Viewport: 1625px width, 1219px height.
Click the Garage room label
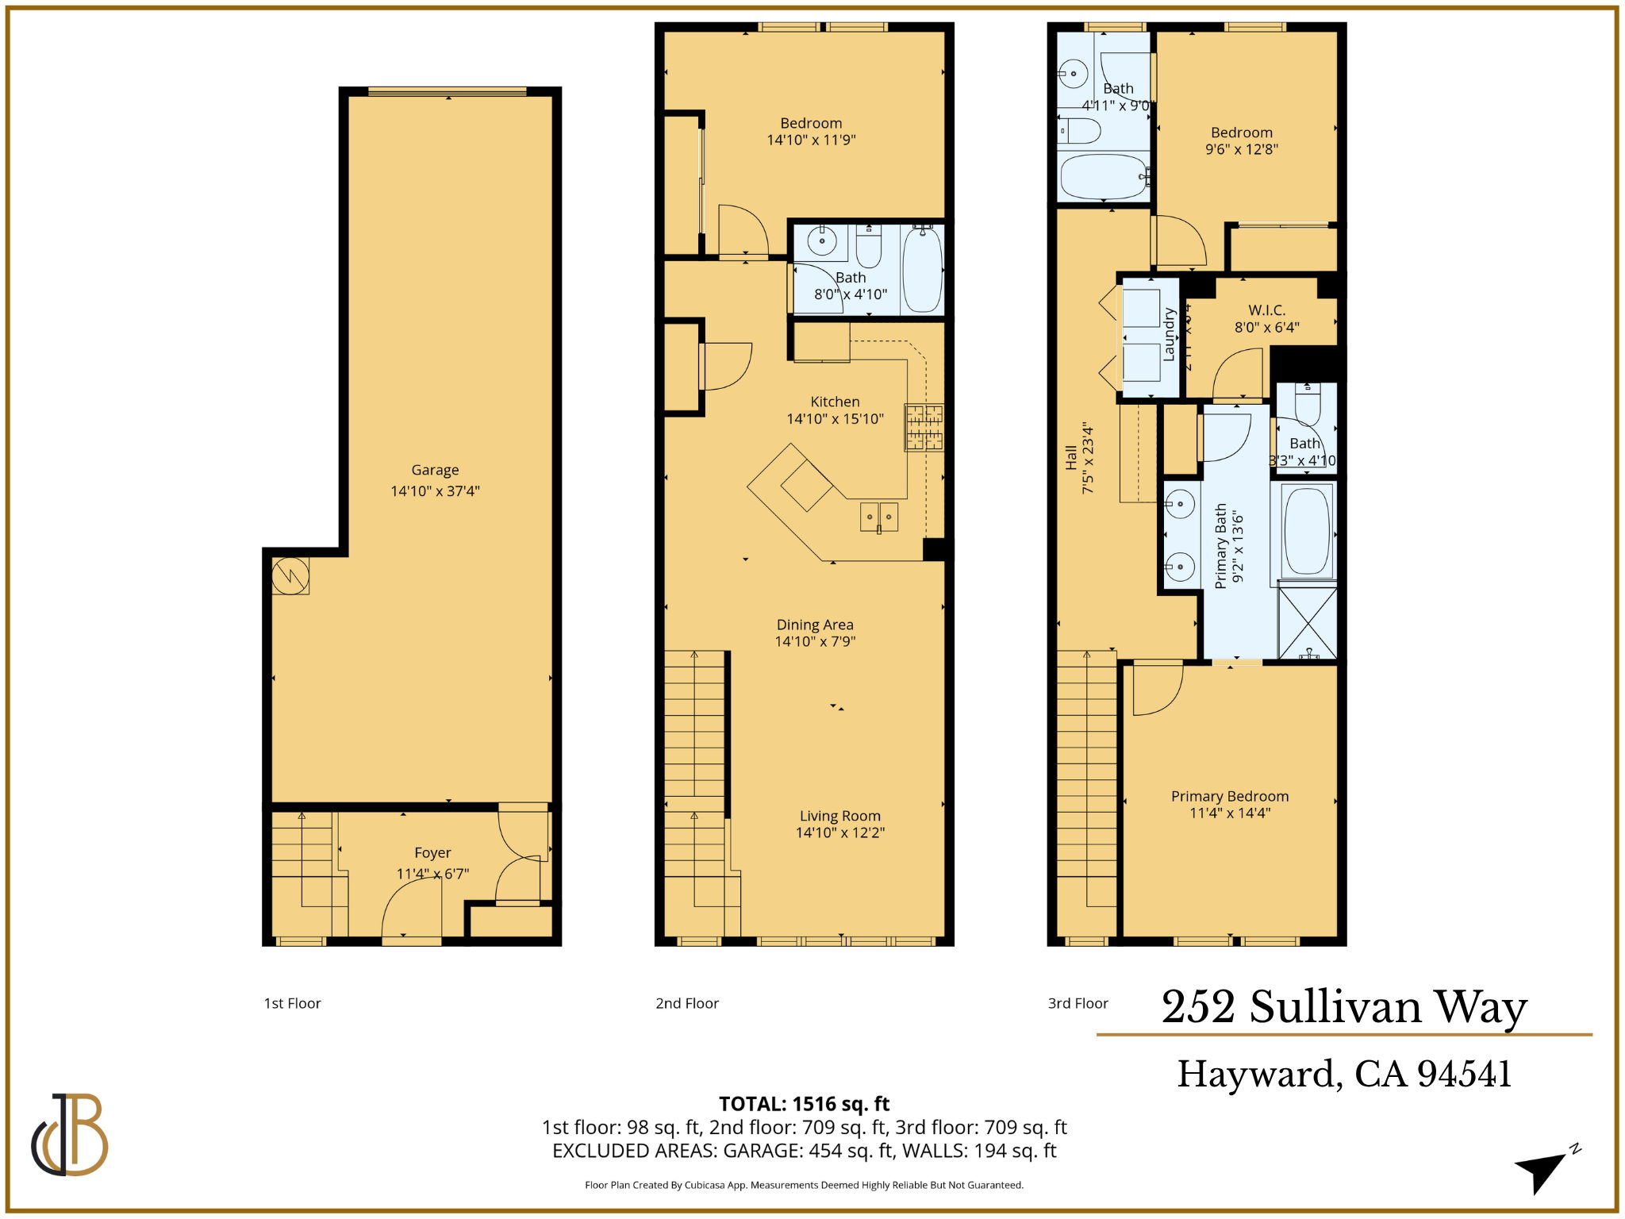[x=435, y=470]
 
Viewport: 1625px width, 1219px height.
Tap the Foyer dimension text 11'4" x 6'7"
[x=432, y=874]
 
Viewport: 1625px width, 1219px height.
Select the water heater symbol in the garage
[x=290, y=575]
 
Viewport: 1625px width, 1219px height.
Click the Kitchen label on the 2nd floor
[x=835, y=402]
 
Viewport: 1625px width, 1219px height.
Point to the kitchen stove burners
[x=924, y=427]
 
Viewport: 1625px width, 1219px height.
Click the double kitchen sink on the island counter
[x=879, y=517]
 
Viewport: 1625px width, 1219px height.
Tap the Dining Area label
[x=815, y=625]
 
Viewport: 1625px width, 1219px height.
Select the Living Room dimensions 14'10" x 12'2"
[x=840, y=833]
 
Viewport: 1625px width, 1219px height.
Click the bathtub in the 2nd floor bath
[x=922, y=270]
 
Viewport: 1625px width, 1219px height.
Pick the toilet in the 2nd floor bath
[x=869, y=247]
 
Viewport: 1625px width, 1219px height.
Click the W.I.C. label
[x=1266, y=310]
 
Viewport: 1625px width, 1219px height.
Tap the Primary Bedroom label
[x=1230, y=796]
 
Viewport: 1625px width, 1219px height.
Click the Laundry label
[x=1169, y=335]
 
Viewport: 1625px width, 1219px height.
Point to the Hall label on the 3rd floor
[x=1071, y=457]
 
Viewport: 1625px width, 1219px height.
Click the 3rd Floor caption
[x=1078, y=1003]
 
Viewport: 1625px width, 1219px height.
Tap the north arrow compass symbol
[x=1543, y=1170]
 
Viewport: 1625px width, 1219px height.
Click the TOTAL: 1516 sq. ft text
[x=804, y=1104]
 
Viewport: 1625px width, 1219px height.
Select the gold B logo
[x=71, y=1134]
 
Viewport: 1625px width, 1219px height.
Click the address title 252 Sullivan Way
[x=1344, y=1007]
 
